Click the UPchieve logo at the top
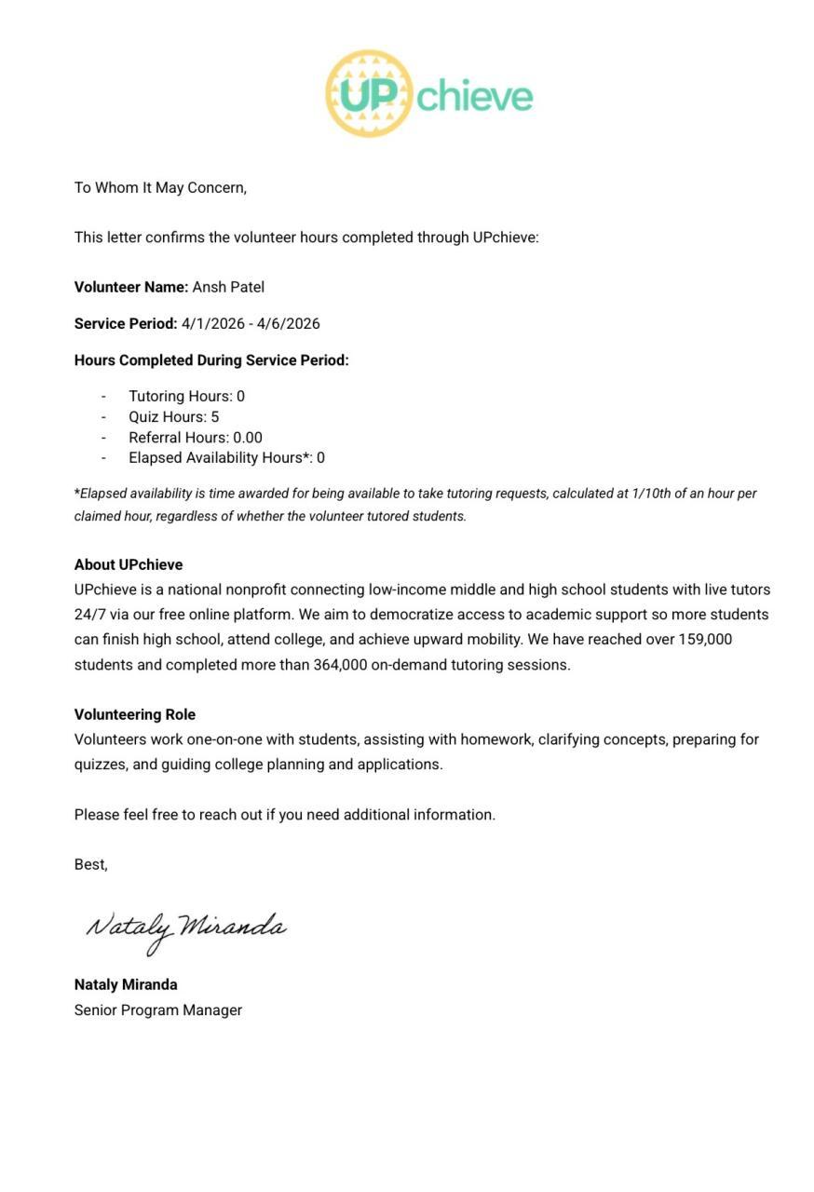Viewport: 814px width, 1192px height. pos(429,94)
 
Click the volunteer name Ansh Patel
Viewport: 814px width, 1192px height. pos(228,287)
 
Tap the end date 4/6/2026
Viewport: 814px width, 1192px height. pos(289,324)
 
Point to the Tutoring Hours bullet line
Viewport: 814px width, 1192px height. pos(186,397)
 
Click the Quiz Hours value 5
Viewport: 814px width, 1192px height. pos(214,417)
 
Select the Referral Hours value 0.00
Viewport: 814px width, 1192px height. pos(248,438)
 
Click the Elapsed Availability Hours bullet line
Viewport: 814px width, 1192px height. pos(226,458)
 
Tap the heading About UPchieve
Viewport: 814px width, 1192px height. pos(129,565)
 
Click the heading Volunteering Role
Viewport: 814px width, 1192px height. pos(135,715)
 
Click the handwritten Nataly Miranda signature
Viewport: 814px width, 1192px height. pos(185,928)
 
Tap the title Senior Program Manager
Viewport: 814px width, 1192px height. pos(158,1010)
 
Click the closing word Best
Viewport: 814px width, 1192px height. pos(90,865)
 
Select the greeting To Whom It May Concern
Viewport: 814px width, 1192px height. pos(160,188)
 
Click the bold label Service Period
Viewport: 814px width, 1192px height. pos(126,324)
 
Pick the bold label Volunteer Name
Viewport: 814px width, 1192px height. pos(131,287)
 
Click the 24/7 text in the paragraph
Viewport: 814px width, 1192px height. pos(89,615)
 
